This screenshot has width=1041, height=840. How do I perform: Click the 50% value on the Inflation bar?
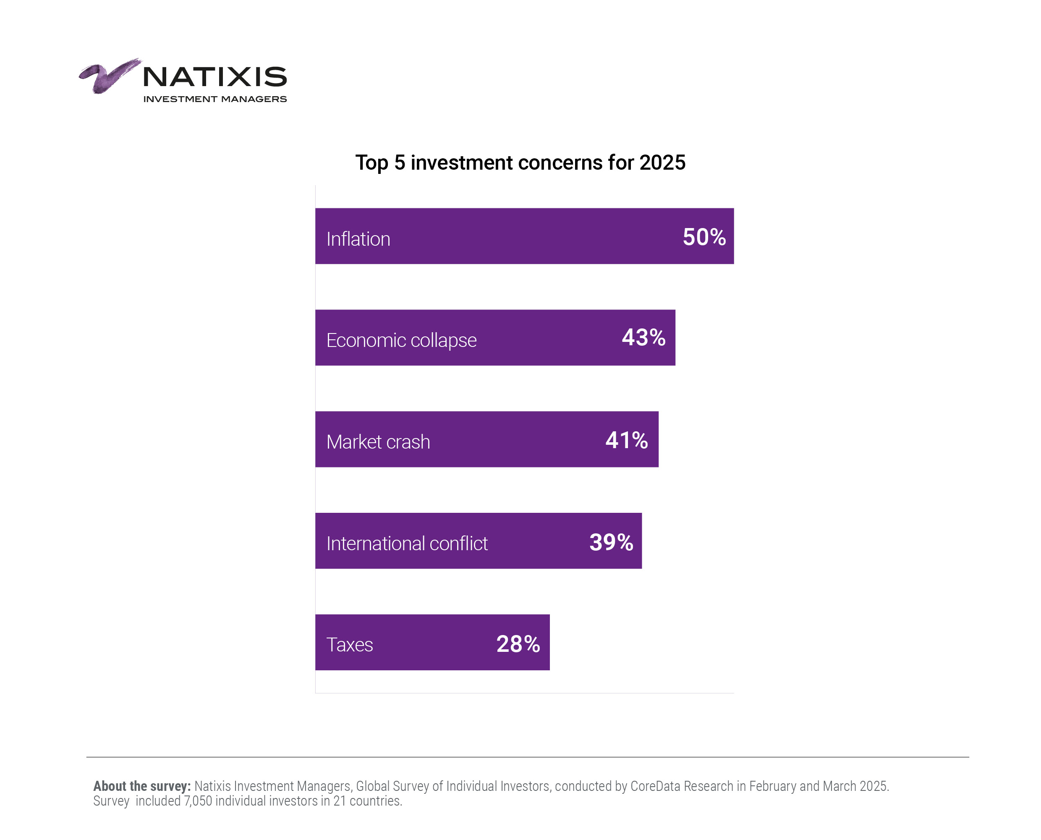coord(704,237)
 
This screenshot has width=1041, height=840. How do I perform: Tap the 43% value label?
coord(643,337)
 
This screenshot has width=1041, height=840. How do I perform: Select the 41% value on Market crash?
coord(626,440)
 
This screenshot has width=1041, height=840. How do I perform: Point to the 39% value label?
coord(611,542)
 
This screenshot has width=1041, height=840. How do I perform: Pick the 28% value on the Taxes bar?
coord(518,643)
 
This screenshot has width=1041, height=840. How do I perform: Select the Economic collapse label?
coord(401,340)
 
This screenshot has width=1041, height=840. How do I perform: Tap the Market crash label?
coord(378,442)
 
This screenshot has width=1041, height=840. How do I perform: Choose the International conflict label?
coord(407,543)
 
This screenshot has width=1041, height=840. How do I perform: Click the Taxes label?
coord(349,645)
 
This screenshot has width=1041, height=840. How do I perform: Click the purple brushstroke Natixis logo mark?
coord(109,76)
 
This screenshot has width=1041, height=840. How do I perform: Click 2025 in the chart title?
coord(662,163)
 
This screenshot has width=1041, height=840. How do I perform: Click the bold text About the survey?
coord(142,786)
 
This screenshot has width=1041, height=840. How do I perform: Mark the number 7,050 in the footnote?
coord(198,801)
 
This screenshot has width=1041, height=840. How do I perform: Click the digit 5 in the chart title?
coord(399,163)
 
